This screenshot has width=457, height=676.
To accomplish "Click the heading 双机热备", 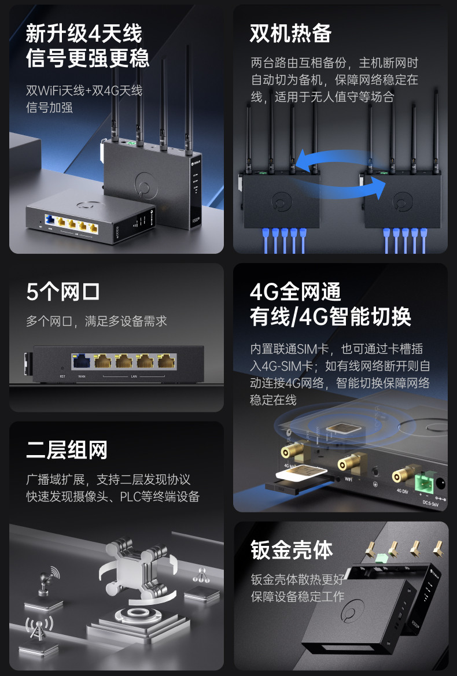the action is (x=290, y=33).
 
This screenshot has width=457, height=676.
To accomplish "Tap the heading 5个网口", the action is (x=63, y=292).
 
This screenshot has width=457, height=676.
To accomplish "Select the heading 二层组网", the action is (x=67, y=450).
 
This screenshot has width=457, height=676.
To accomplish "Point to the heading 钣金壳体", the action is (x=292, y=550).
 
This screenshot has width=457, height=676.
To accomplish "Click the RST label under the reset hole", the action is (x=62, y=376).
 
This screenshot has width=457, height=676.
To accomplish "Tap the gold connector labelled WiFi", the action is (x=349, y=463).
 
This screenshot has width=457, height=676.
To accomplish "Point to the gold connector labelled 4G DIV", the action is (x=401, y=475).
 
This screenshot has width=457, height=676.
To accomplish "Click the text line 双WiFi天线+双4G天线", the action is (x=84, y=91).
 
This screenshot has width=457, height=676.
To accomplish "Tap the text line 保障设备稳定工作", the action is (x=297, y=596).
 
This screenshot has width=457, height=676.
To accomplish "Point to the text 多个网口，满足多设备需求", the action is (x=97, y=321).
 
